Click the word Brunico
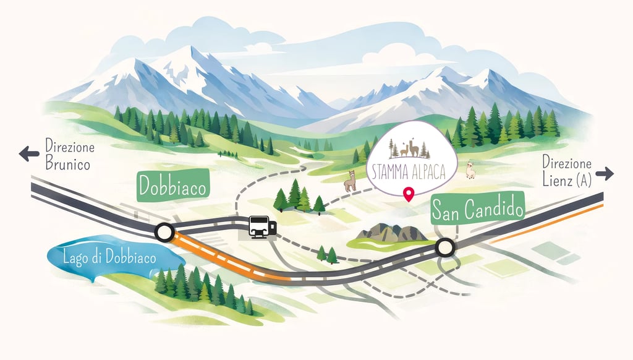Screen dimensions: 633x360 tap(67, 165)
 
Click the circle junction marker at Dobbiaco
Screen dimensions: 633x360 tap(164, 233)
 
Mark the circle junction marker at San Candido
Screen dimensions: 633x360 tap(444, 248)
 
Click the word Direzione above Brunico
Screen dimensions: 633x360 tap(70, 148)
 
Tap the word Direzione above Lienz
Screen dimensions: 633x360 tap(566, 164)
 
